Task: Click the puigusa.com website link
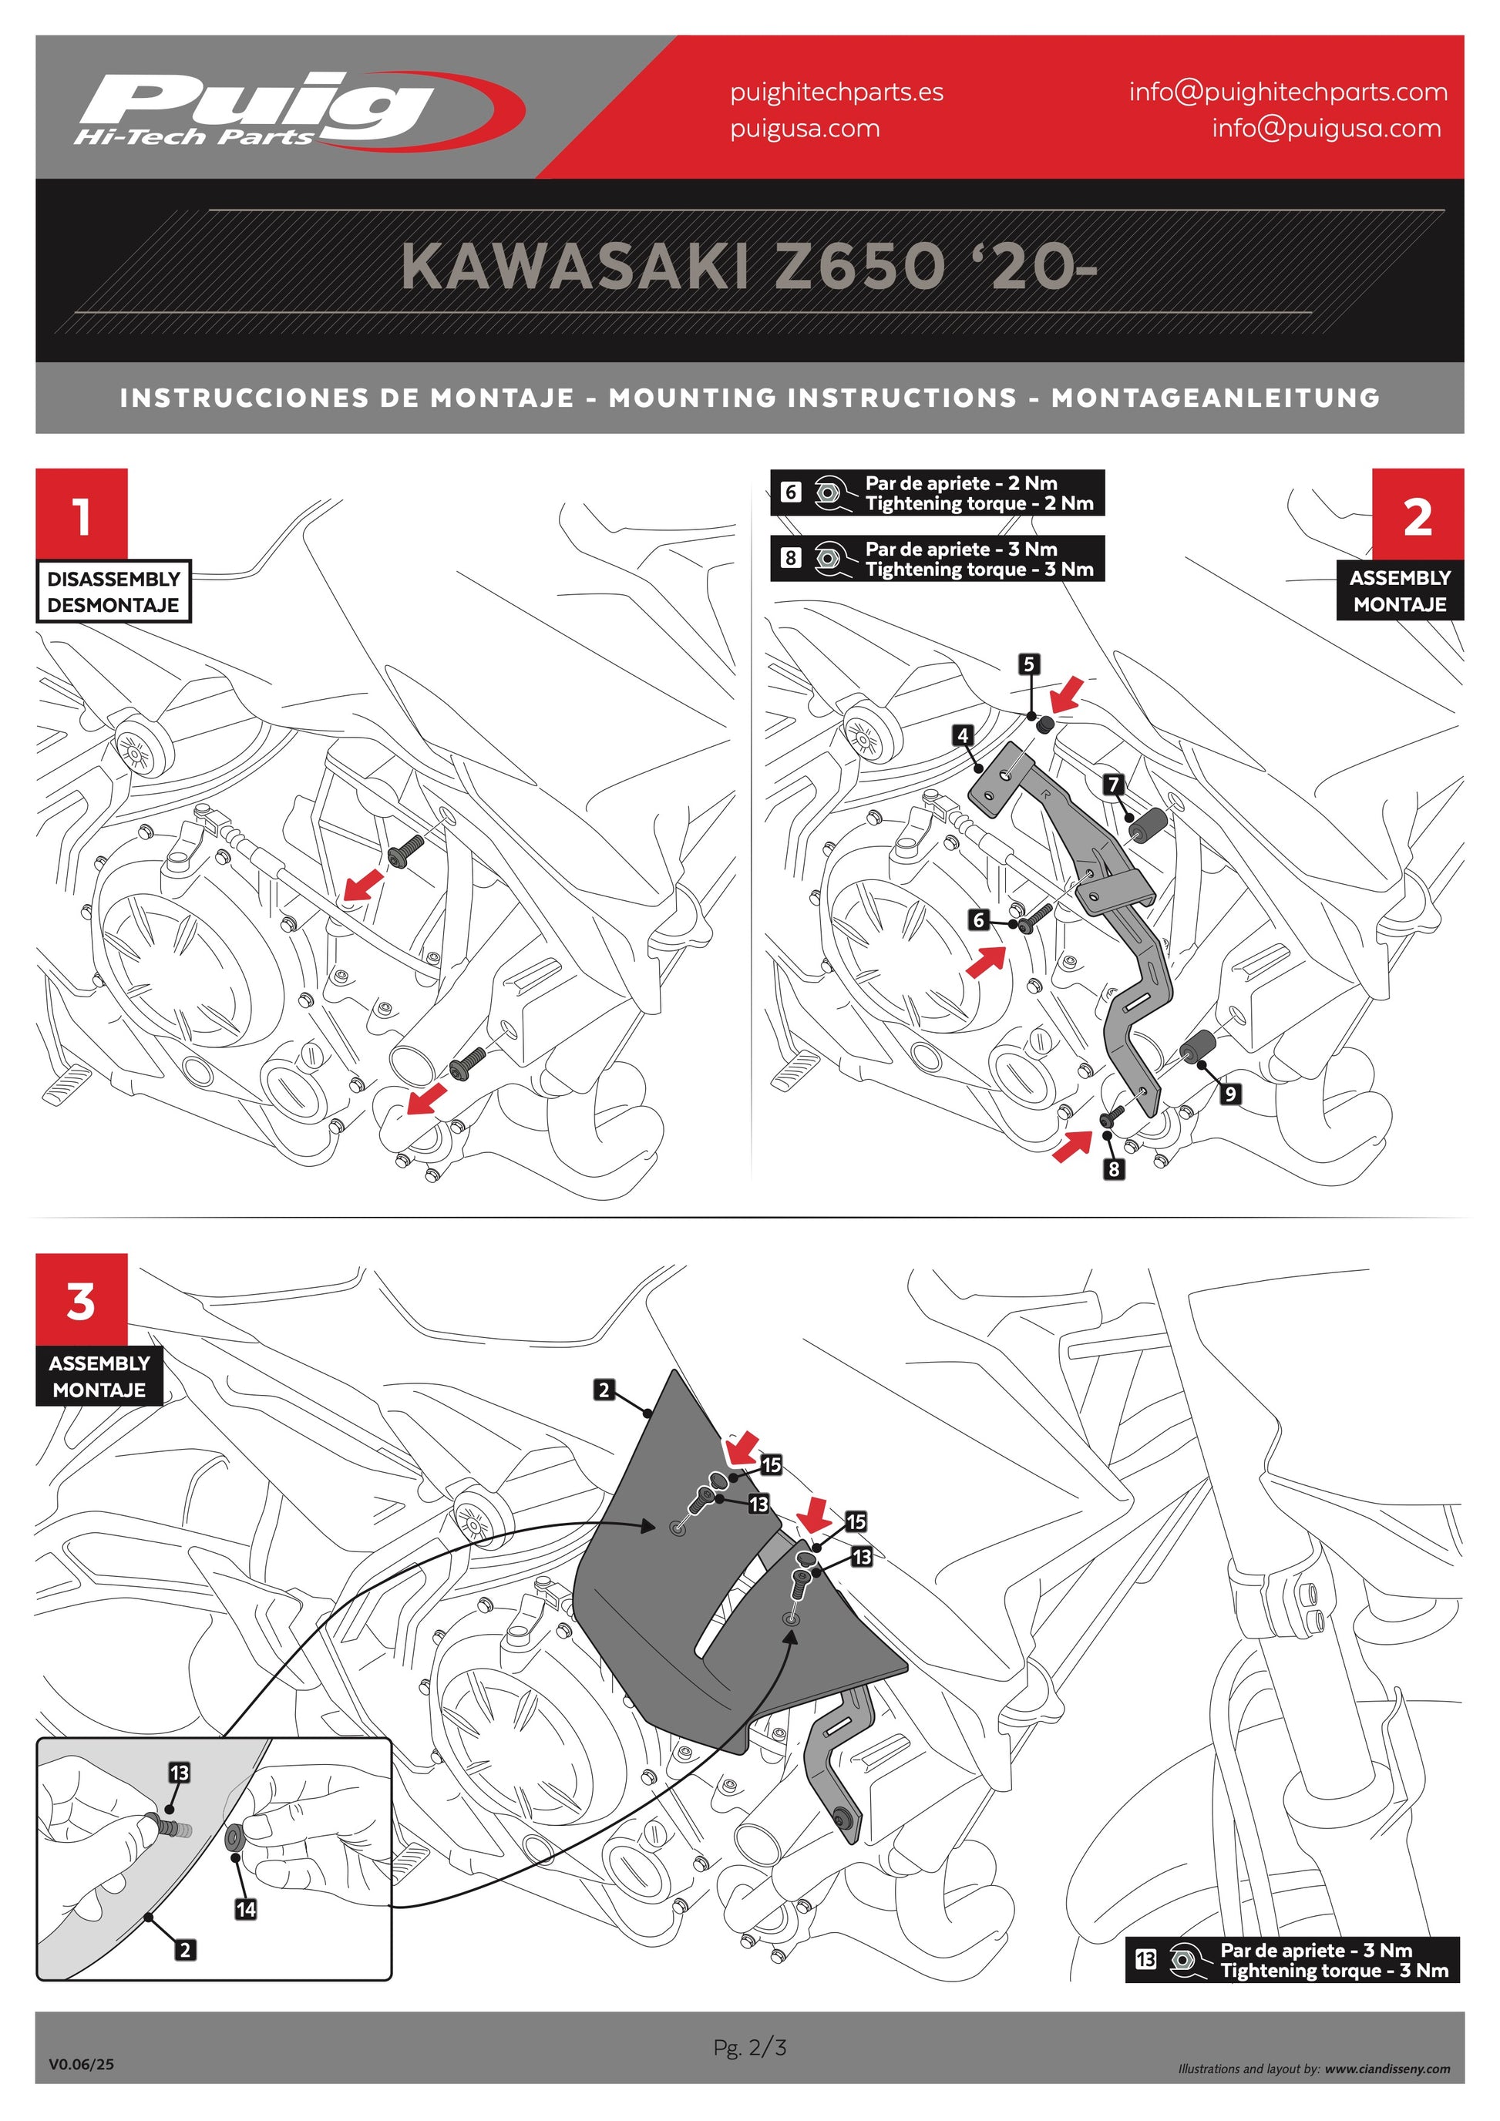(805, 129)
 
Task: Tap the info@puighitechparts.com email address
(1287, 92)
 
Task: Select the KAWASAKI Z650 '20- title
(749, 267)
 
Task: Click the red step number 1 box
(81, 513)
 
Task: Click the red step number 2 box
(1418, 513)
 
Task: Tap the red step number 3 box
(81, 1299)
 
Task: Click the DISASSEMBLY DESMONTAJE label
(113, 591)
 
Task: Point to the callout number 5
(1029, 664)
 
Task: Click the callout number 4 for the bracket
(964, 735)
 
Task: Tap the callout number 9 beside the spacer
(1230, 1094)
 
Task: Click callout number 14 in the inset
(246, 1908)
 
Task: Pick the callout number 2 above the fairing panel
(604, 1390)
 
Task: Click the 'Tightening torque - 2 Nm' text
(979, 503)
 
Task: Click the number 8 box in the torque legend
(791, 558)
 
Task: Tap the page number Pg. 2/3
(750, 2047)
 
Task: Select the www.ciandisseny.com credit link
(1387, 2069)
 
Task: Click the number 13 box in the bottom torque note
(1145, 1958)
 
